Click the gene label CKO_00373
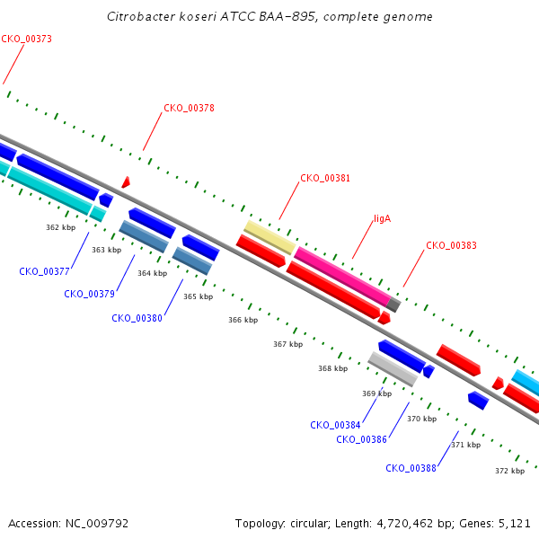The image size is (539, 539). pos(26,39)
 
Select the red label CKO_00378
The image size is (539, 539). pos(189,108)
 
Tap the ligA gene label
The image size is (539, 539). pos(383,218)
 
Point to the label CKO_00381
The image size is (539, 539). pos(325,178)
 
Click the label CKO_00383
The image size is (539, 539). pos(451,245)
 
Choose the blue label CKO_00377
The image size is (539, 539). pos(44,271)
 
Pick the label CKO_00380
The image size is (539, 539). pos(137,318)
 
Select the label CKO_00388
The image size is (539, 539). pos(411,468)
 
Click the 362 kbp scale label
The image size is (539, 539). pos(61,227)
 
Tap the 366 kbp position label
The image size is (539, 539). pos(243,320)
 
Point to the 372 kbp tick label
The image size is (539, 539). pos(509,471)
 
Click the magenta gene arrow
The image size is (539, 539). pos(343,276)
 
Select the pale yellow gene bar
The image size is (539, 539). pos(269,237)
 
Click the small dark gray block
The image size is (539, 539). pos(393,305)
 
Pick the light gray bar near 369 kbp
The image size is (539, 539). pos(393,369)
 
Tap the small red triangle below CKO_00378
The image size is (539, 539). pos(126,182)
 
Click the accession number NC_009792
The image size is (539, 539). pos(97,524)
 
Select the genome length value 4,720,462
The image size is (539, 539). pos(405,524)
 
